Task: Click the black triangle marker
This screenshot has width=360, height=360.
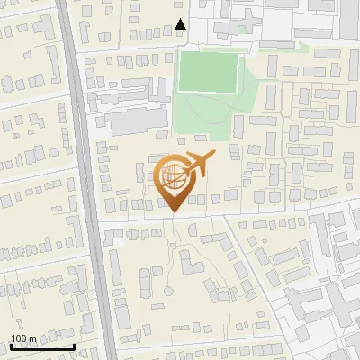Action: click(181, 25)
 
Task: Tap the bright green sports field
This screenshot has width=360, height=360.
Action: click(208, 71)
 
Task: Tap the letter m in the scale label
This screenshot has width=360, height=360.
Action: click(33, 338)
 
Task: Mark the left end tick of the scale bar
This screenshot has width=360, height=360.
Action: click(12, 346)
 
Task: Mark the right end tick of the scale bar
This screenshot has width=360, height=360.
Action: click(74, 346)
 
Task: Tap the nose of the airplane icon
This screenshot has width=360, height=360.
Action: click(215, 157)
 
